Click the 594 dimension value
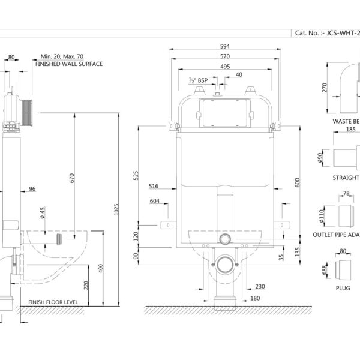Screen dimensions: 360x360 point(225,46)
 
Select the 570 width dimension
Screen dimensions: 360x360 point(225,56)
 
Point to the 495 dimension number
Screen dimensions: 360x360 point(225,67)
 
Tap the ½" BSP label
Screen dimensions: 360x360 point(199,80)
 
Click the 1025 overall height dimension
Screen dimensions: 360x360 point(116,209)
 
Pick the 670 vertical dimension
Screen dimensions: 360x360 point(72,178)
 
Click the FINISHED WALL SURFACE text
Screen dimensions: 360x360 point(69,64)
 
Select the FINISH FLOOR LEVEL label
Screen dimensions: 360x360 point(53,302)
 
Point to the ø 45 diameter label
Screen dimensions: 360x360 point(43,213)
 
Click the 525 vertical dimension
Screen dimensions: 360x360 point(136,175)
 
